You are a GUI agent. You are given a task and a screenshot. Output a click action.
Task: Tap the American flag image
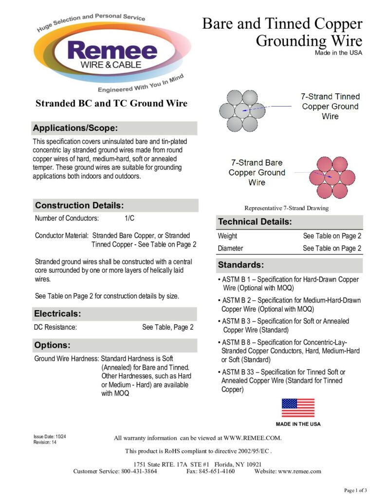pos(298,408)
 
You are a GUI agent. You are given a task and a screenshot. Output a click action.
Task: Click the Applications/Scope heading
pos(75,128)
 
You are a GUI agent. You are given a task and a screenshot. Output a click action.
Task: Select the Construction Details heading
pos(79,205)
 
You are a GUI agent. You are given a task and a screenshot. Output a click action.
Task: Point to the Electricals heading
pos(57,314)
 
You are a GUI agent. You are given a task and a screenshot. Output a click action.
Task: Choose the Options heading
pos(53,345)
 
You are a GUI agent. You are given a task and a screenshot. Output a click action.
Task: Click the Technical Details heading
pos(255,222)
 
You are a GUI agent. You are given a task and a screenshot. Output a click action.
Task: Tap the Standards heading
pos(241,265)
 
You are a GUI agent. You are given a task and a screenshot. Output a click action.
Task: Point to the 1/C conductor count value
pos(130,218)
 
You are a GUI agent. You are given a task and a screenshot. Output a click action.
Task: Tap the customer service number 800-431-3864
pos(139,471)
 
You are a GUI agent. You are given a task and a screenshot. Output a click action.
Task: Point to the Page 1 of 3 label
pos(355,490)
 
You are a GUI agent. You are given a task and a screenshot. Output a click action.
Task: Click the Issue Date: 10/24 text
pos(50,437)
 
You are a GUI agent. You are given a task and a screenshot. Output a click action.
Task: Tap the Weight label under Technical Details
pos(228,236)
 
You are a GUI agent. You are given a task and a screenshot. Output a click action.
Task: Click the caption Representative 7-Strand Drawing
pos(286,208)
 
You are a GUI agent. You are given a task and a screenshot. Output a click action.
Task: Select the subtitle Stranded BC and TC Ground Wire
pos(111,104)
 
